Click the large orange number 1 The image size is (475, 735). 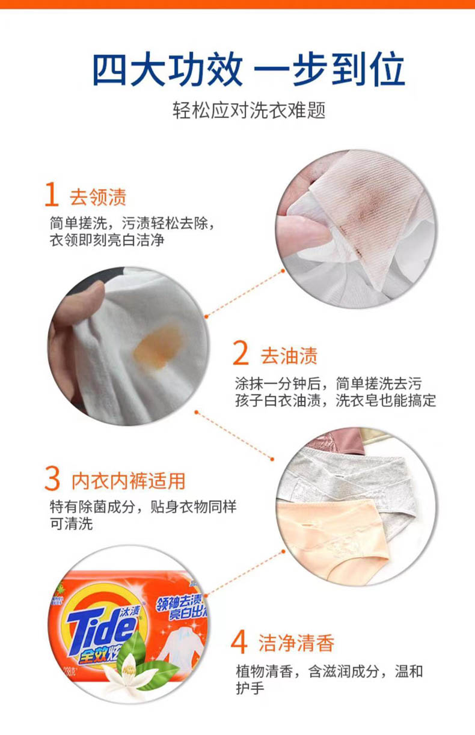click(x=52, y=194)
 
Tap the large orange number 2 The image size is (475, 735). click(x=241, y=353)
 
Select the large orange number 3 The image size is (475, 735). click(x=52, y=480)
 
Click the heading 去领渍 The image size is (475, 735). click(x=98, y=197)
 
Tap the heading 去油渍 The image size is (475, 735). click(x=289, y=356)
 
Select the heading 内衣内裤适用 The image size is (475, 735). click(x=128, y=481)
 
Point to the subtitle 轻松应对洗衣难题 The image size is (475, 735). click(x=249, y=110)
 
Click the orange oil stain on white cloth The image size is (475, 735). click(x=157, y=346)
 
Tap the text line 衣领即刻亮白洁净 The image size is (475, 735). click(x=107, y=240)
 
